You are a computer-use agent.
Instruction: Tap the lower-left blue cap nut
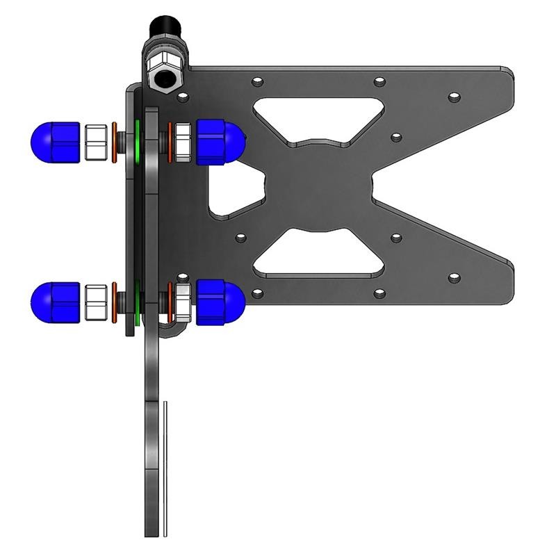(x=56, y=302)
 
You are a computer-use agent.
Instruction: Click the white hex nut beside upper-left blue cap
(x=95, y=142)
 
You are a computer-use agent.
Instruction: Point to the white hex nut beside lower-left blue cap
(x=95, y=303)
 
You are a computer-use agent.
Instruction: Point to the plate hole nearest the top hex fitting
(x=183, y=94)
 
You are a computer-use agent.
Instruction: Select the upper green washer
(x=139, y=139)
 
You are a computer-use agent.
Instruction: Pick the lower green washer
(x=139, y=304)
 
